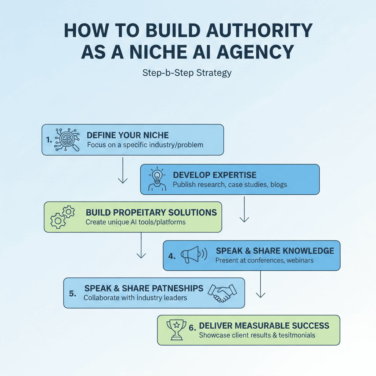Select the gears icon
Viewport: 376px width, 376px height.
pos(62,217)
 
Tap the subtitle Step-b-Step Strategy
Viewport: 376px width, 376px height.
pos(187,72)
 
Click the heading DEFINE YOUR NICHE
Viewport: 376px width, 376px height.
pos(128,135)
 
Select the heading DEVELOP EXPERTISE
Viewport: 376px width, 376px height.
pos(215,175)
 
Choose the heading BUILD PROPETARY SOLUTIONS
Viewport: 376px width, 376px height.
pos(151,213)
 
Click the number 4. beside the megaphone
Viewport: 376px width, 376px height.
pos(172,256)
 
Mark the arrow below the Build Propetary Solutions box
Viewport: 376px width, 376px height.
pos(141,245)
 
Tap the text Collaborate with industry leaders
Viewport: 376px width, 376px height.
pos(135,297)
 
